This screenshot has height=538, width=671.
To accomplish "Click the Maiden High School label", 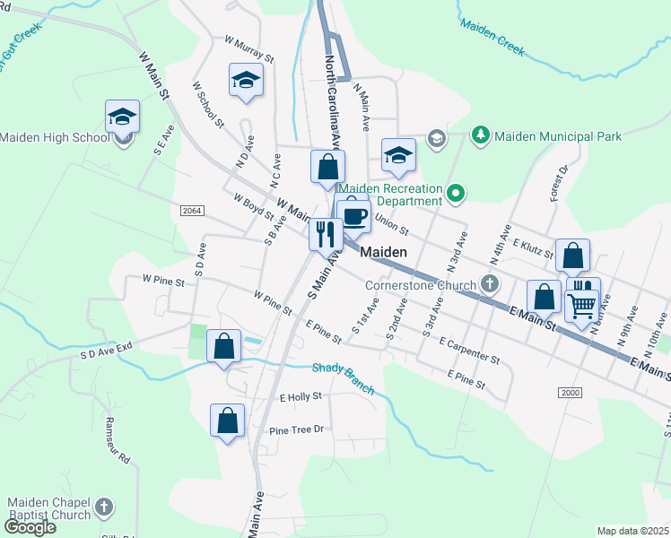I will click(54, 137).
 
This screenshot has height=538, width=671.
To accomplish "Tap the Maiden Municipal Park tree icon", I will click(481, 135).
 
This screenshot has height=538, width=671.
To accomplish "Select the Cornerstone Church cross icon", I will click(489, 284).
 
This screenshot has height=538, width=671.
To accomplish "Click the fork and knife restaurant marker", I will click(326, 234).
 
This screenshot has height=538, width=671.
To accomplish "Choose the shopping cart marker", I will click(581, 306).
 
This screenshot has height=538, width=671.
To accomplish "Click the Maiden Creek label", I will click(492, 37).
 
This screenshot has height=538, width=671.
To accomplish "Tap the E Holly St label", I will click(301, 396).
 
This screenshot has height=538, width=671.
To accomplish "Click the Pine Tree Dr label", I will click(295, 430).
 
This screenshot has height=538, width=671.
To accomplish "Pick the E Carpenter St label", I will click(469, 351).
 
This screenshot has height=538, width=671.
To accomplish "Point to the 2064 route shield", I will click(191, 211).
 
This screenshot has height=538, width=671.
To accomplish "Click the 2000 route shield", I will click(570, 393).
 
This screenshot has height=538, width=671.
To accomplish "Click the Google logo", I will click(30, 526).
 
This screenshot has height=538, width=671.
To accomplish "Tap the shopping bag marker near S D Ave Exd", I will click(223, 345).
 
